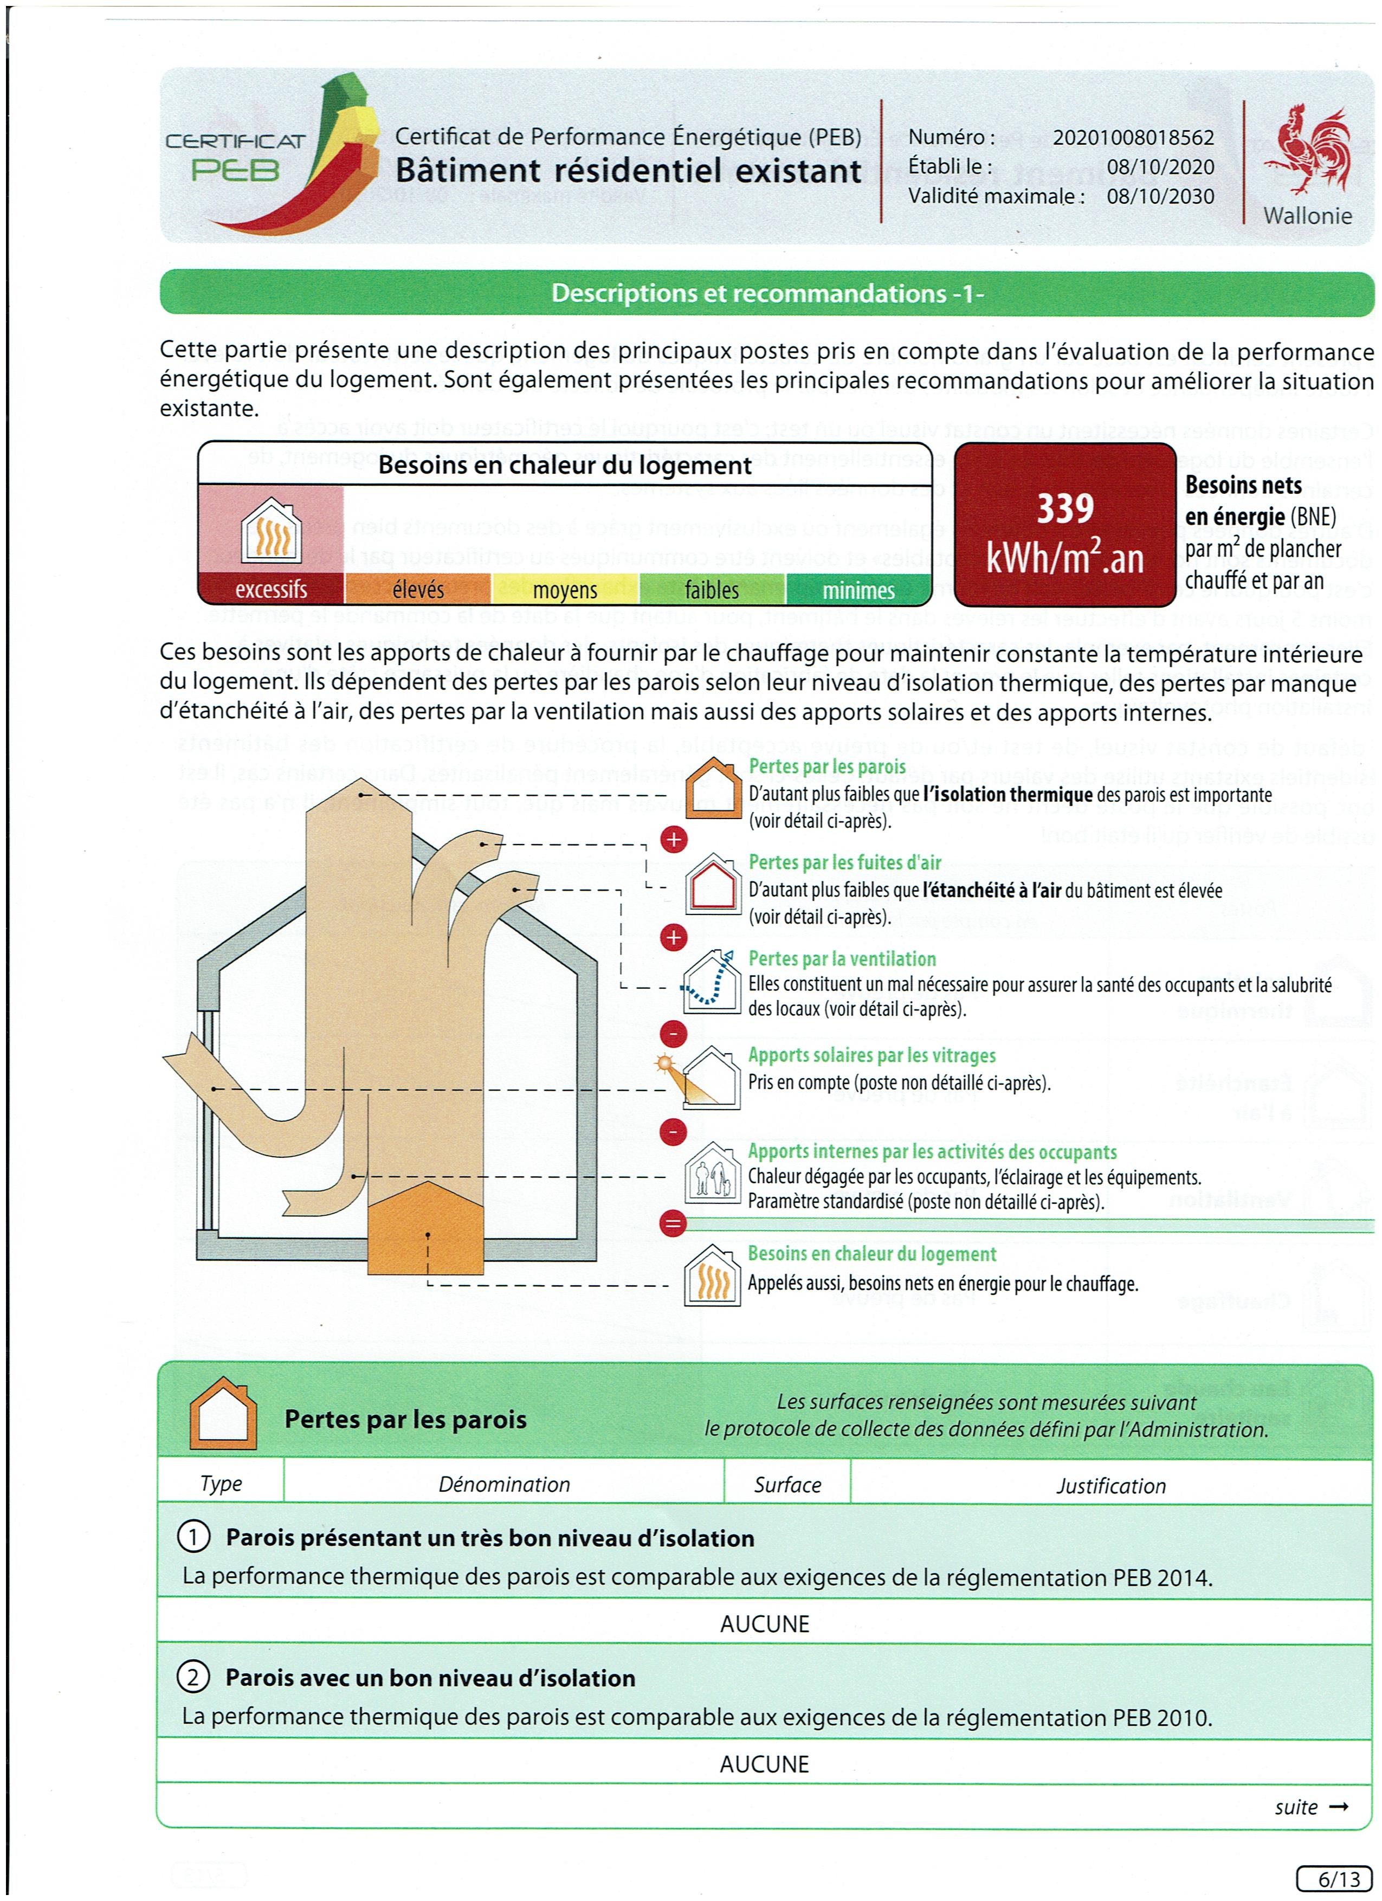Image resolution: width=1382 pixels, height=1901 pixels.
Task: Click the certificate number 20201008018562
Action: click(x=1132, y=138)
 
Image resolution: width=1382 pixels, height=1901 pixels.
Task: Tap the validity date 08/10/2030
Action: click(x=1160, y=196)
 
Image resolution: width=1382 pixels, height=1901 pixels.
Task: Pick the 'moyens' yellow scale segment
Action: click(x=565, y=589)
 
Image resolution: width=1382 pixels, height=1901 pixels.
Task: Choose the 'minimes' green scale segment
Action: click(x=858, y=589)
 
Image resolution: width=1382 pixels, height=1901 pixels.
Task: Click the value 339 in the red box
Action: click(x=1064, y=508)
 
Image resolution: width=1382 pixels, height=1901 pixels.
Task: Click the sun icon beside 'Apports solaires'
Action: click(x=666, y=1064)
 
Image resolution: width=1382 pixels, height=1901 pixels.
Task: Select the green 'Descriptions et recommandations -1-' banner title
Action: click(x=767, y=293)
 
